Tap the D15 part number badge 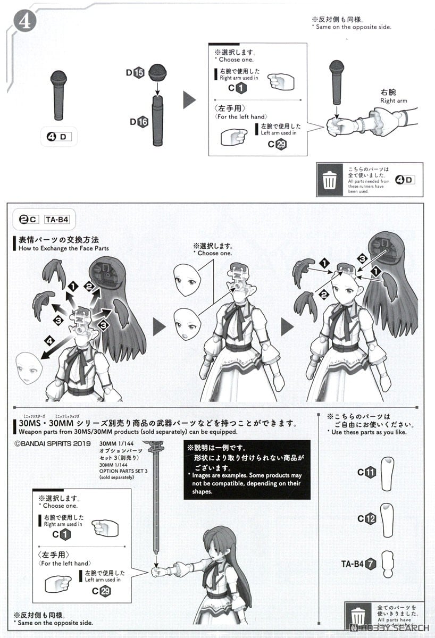pyautogui.click(x=139, y=73)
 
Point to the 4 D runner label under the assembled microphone pyautogui.click(x=58, y=137)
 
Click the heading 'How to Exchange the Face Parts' pyautogui.click(x=63, y=248)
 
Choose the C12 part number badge pyautogui.click(x=367, y=519)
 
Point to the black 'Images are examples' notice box pyautogui.click(x=247, y=469)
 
